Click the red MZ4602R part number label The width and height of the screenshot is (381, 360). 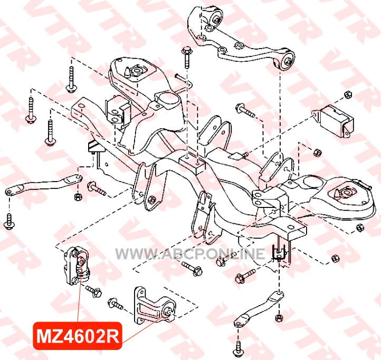tap(77, 336)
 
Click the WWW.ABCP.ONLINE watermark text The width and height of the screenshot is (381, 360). tap(190, 254)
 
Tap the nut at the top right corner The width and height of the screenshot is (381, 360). tap(348, 94)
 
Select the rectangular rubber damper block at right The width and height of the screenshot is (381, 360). tap(334, 120)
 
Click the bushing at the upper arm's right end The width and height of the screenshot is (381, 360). tap(287, 61)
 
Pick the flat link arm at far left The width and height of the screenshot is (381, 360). tap(44, 184)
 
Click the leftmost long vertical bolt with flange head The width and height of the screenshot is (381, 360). tap(31, 110)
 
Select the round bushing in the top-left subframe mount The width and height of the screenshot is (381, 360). tap(136, 71)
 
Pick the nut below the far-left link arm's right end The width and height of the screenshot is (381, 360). tap(78, 197)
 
